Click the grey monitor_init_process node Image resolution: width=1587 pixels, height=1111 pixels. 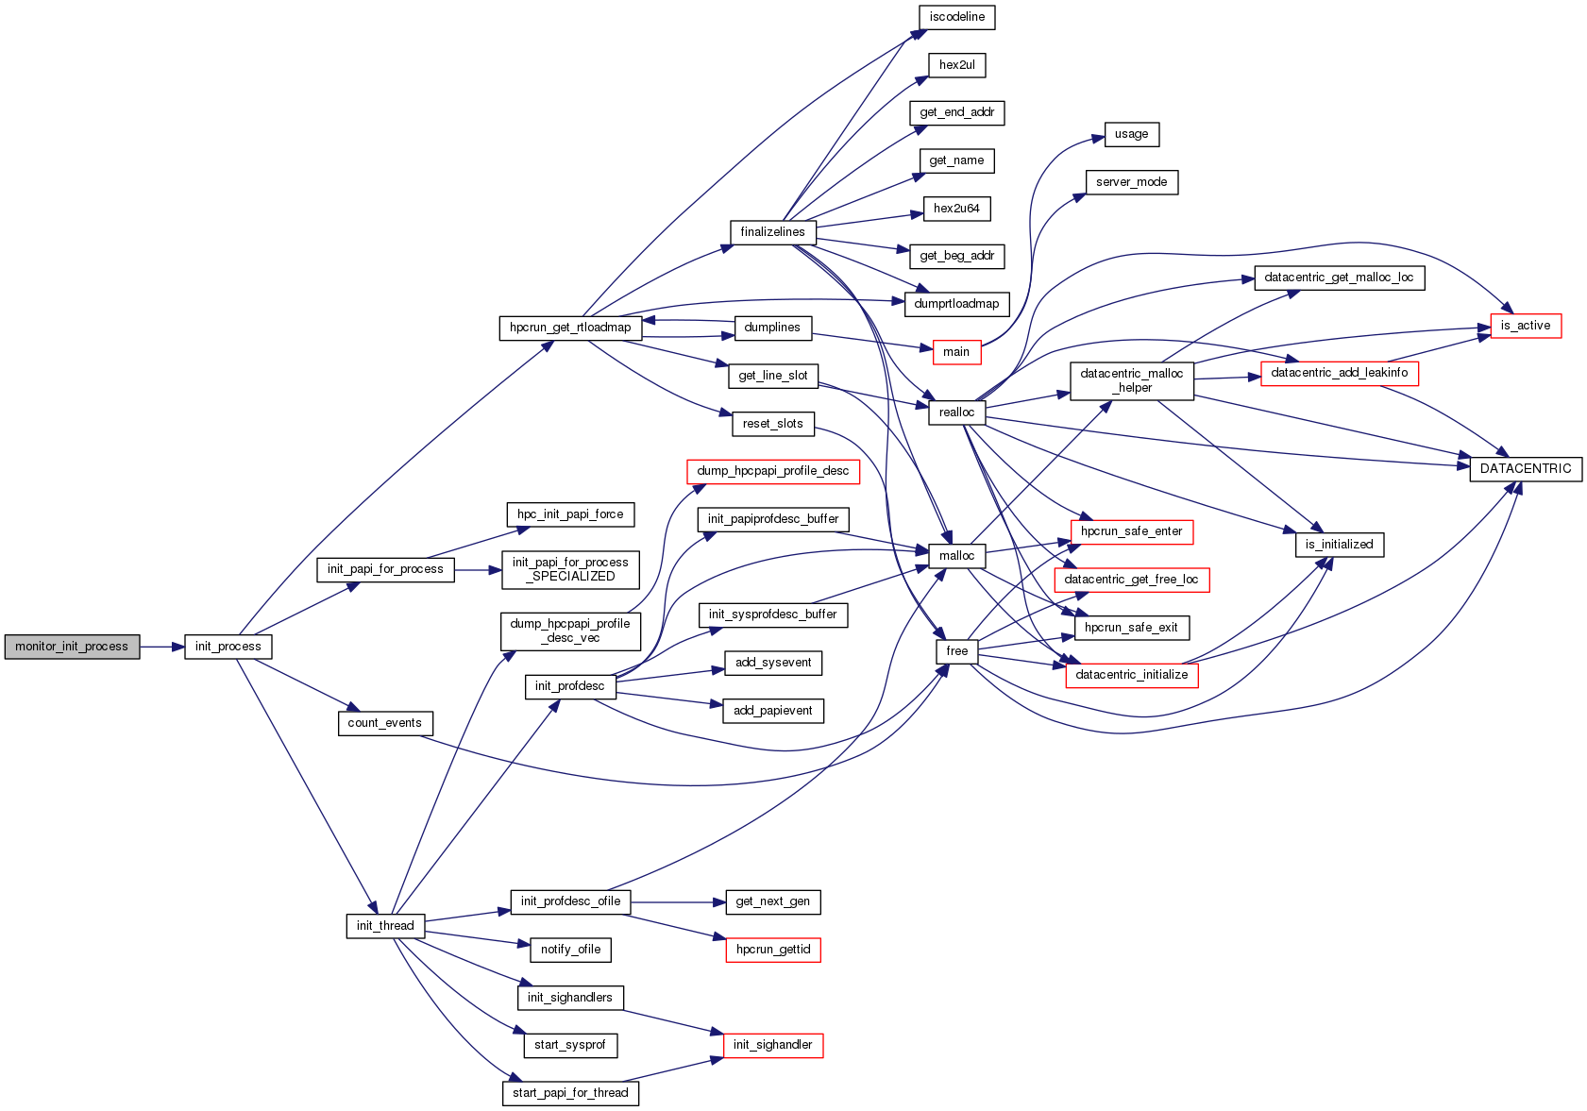[x=72, y=647]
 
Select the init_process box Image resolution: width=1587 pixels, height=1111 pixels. [x=228, y=647]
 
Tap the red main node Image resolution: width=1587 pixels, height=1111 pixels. [x=956, y=352]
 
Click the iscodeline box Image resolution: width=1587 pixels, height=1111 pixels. [x=956, y=17]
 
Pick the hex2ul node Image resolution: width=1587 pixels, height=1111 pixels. [x=956, y=65]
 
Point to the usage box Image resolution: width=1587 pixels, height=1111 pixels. [x=1131, y=134]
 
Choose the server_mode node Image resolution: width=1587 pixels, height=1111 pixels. [x=1131, y=182]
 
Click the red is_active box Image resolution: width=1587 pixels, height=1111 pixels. [x=1525, y=326]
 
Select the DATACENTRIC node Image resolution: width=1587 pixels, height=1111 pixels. [x=1525, y=469]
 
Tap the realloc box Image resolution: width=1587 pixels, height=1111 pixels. [x=956, y=412]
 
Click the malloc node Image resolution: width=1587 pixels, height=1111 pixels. [x=956, y=556]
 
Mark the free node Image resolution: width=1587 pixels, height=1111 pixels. [x=956, y=651]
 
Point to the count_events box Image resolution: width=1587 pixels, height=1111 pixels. [x=385, y=723]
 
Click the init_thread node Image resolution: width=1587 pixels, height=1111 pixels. [x=385, y=926]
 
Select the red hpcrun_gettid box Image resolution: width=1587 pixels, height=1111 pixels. [x=772, y=950]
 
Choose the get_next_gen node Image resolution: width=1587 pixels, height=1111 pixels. [x=772, y=901]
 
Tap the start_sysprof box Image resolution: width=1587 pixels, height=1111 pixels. [x=569, y=1045]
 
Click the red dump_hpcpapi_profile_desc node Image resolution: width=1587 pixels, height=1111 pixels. [x=772, y=471]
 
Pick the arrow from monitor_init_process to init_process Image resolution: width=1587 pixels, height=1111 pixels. [x=161, y=647]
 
